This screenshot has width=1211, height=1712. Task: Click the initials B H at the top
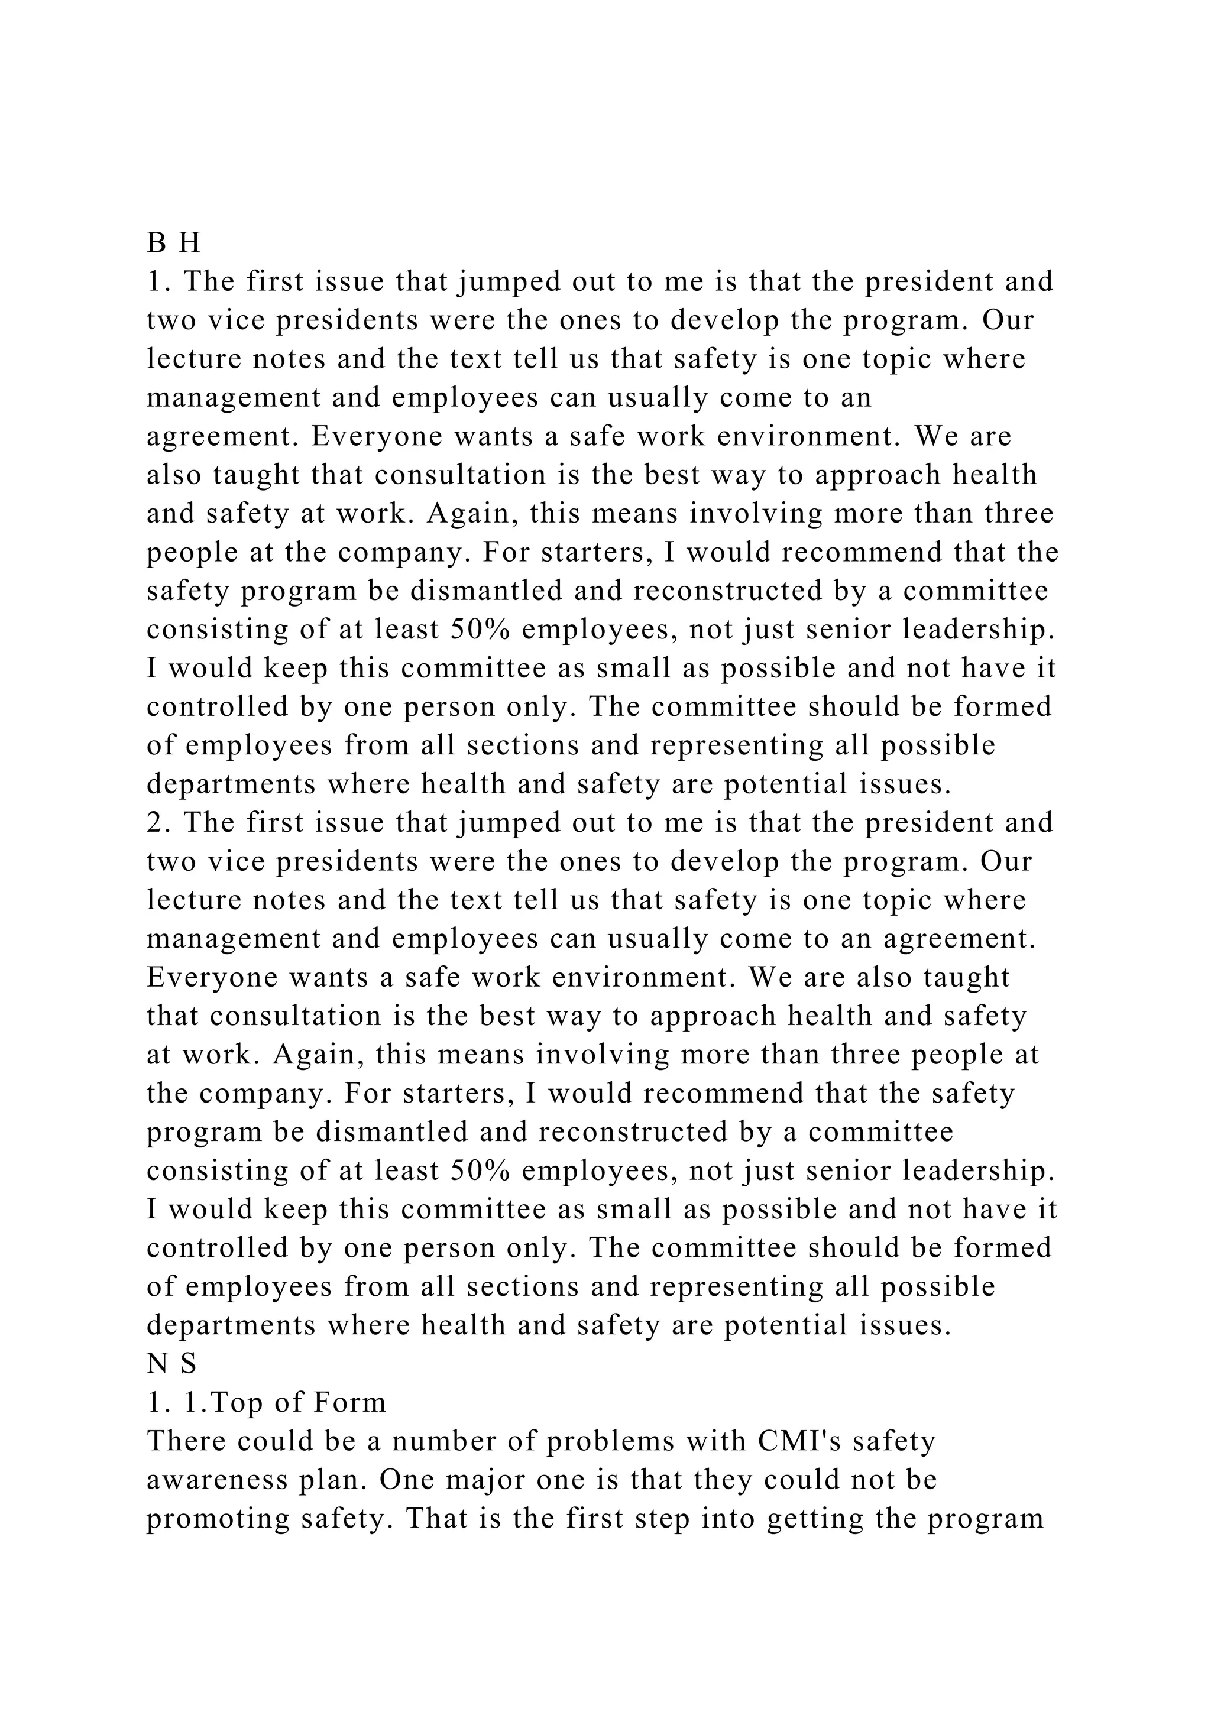click(174, 243)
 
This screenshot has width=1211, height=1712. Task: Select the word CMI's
click(800, 1442)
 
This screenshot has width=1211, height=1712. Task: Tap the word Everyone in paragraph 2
click(196, 978)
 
